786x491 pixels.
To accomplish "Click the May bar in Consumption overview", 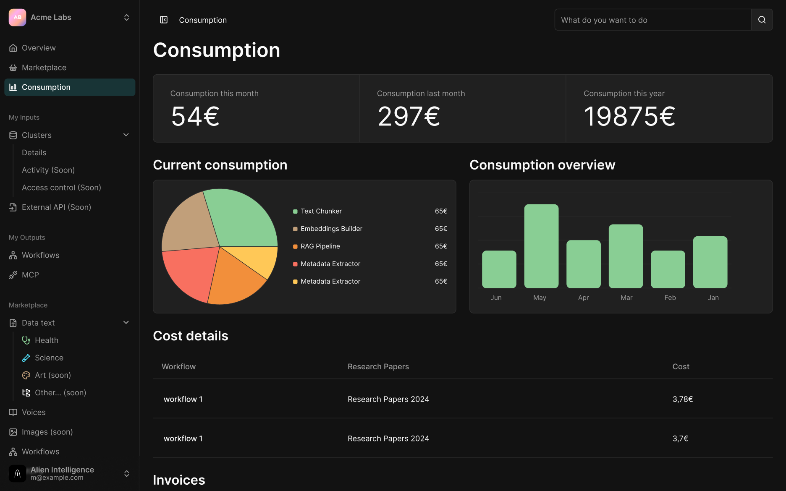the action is pos(541,246).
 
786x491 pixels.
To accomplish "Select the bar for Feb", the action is pos(668,269).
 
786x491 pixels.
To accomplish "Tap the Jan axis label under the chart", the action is pos(713,298).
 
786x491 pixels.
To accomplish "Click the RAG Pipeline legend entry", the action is pos(317,246).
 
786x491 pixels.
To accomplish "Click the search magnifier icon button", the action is pos(762,20).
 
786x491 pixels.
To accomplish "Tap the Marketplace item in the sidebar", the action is pos(44,68).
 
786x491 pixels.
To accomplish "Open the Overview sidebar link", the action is pos(39,48).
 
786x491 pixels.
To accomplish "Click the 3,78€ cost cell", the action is pos(683,399).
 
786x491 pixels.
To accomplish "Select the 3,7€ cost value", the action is pos(681,439).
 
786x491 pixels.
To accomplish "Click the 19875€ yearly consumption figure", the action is pos(629,116).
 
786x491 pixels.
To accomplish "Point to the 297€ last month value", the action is pos(409,116).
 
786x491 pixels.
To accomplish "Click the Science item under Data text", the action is pos(49,358).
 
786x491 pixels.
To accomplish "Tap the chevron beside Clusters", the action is pos(126,135).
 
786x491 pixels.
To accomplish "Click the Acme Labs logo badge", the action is pos(17,17).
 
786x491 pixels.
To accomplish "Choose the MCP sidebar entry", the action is pos(30,275).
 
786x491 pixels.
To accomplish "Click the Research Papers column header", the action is pos(378,366).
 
